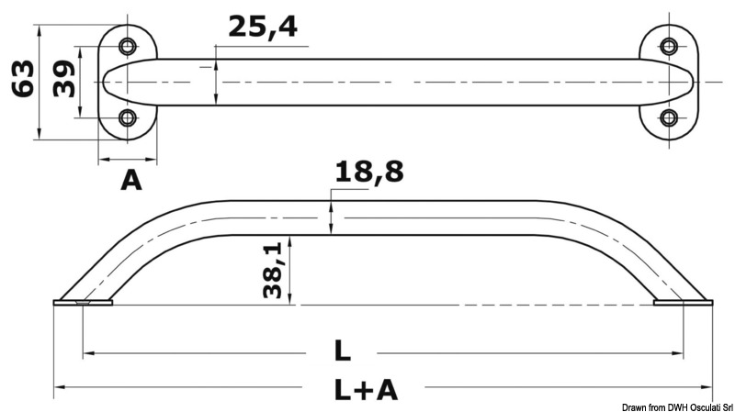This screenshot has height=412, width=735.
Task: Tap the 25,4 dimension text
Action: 262,27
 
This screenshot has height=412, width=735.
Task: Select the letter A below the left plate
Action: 131,181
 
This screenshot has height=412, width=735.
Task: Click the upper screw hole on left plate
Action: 128,46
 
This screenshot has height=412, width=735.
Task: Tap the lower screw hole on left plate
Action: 128,117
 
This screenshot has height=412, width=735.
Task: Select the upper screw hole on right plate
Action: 669,46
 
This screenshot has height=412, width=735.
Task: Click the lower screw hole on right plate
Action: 669,117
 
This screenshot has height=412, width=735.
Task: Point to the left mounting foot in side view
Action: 83,302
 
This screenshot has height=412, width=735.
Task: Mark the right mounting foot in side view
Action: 681,302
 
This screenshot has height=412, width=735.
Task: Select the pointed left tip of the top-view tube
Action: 103,83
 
